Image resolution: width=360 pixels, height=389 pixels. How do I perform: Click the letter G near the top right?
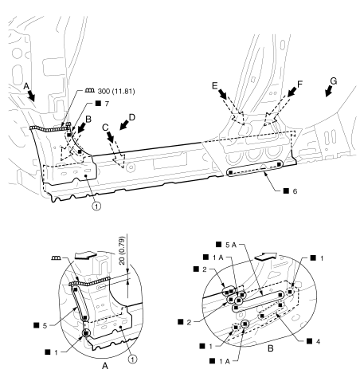click(333, 81)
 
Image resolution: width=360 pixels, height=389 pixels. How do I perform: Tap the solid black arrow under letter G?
click(328, 92)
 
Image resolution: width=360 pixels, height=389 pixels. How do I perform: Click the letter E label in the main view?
click(215, 85)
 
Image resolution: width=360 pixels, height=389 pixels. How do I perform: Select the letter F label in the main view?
click(299, 84)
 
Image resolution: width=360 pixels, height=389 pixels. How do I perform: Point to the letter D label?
click(132, 117)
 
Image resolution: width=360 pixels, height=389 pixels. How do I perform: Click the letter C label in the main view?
click(105, 128)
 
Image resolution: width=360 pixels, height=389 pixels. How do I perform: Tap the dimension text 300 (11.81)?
click(116, 92)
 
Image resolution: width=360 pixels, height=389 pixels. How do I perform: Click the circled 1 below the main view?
click(97, 206)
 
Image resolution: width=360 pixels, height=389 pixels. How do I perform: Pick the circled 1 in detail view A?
click(133, 360)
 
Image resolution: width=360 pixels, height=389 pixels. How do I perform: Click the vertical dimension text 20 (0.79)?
click(122, 250)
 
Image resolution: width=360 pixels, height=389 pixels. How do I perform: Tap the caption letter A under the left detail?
click(105, 366)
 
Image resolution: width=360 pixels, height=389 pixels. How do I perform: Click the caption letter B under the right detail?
click(270, 348)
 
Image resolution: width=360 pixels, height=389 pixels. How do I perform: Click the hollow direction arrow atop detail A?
click(85, 255)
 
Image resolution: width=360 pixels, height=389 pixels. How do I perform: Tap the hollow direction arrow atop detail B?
click(265, 257)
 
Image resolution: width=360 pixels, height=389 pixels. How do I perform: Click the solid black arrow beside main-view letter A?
click(32, 96)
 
